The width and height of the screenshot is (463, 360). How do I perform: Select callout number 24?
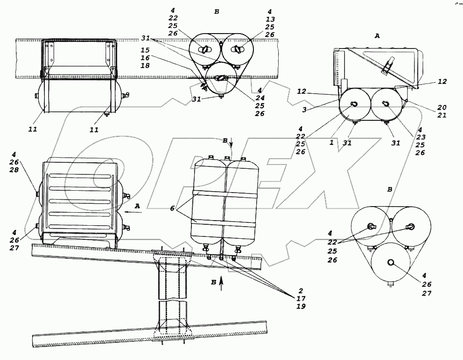[260, 99]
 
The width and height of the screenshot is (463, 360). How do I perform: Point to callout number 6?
[172, 209]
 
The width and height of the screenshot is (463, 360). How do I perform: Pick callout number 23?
[421, 137]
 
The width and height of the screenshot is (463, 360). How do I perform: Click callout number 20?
[442, 107]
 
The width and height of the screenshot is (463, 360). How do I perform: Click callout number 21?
[442, 115]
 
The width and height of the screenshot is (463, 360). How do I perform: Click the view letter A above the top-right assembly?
[377, 35]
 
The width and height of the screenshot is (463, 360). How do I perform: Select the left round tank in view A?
[353, 105]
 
